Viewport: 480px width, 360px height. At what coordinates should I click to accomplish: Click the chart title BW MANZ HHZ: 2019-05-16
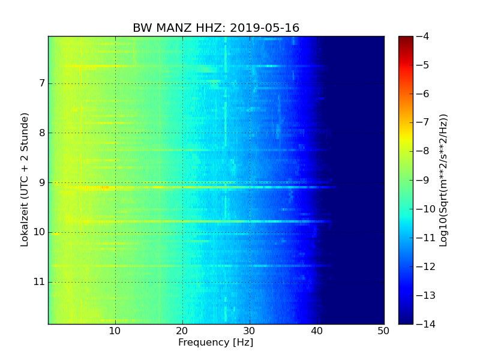[216, 28]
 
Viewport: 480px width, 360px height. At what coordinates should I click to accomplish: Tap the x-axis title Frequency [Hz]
[215, 343]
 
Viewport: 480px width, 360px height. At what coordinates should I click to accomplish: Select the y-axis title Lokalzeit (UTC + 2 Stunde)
[25, 180]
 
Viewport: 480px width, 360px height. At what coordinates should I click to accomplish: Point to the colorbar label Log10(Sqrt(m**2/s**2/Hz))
[443, 180]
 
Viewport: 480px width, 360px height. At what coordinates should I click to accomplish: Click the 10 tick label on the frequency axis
[115, 331]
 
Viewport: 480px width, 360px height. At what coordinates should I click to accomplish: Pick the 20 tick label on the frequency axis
[182, 331]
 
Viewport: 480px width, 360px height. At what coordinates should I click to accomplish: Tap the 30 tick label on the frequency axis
[250, 331]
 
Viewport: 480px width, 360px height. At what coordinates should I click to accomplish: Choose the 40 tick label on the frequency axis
[317, 331]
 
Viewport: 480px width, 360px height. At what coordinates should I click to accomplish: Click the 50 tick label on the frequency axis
[383, 331]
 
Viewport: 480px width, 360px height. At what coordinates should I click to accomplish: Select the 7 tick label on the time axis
[41, 83]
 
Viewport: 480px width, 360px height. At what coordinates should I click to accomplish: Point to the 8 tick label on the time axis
[41, 133]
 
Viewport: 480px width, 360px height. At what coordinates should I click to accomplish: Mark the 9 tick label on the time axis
[41, 182]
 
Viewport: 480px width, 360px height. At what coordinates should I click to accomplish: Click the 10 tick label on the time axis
[39, 232]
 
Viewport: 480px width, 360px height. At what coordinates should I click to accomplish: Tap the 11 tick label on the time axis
[39, 282]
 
